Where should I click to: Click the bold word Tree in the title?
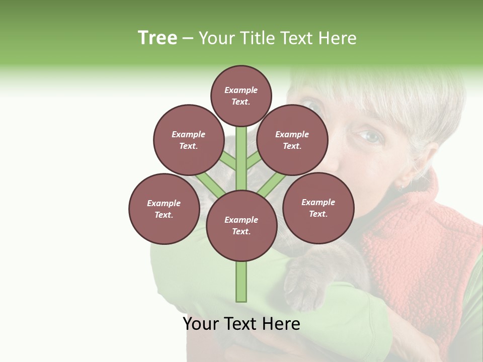click(157, 38)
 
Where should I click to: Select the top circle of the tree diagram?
click(241, 96)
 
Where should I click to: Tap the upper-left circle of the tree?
click(188, 140)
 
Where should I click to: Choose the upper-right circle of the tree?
click(292, 140)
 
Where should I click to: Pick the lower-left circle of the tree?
click(164, 209)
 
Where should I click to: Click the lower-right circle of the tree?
click(318, 208)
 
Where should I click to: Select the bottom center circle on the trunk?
click(241, 225)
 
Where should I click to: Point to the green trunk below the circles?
click(241, 282)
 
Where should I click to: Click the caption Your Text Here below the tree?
click(241, 323)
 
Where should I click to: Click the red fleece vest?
click(423, 251)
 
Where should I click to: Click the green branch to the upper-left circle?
click(228, 161)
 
